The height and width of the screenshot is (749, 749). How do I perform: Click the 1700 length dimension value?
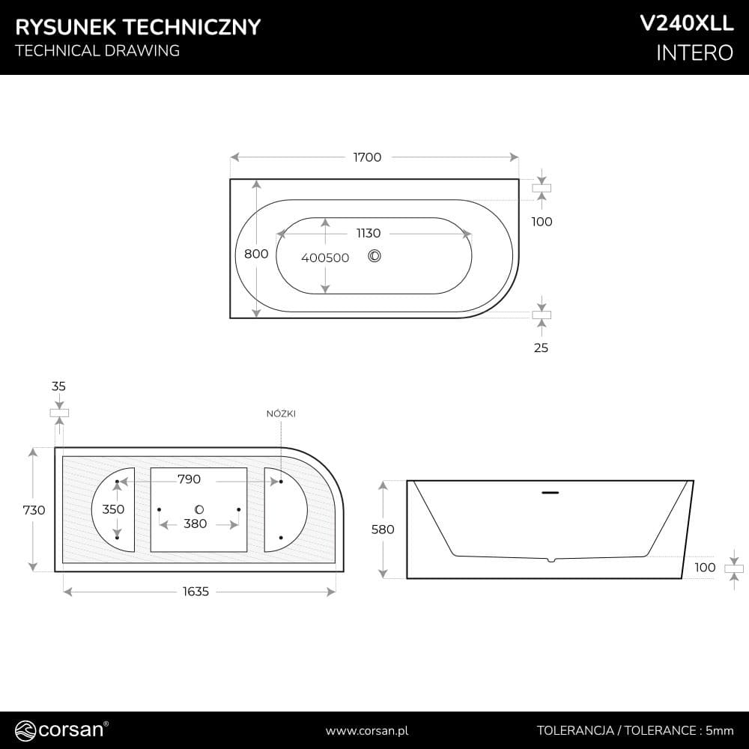coord(367,157)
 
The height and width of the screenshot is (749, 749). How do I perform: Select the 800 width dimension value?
coord(256,254)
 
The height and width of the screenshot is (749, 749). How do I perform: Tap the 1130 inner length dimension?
coord(369,233)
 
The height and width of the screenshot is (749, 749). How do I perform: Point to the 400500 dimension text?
coord(325,258)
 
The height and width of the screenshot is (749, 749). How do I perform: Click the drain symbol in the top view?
coord(374,256)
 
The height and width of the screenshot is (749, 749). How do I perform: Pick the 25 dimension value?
coord(541,348)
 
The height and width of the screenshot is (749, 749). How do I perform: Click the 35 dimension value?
coord(58,386)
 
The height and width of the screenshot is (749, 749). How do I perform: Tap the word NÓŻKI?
coord(281,413)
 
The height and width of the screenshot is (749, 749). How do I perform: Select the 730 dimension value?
coord(34,510)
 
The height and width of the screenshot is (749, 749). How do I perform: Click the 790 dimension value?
coord(189,479)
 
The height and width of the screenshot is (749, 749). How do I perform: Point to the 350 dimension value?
coord(113,509)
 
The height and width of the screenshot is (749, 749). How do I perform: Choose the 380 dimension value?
coord(195,524)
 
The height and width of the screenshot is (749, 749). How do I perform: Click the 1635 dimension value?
coord(195,592)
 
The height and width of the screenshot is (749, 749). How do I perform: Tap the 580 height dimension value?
coord(383,530)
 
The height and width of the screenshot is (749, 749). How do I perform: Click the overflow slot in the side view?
coord(550,493)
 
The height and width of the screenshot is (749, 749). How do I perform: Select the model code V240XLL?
coord(686,23)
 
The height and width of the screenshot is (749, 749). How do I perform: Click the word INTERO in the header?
coord(694,52)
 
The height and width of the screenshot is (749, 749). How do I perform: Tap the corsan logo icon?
coord(25,731)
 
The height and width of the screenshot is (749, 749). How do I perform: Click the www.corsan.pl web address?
coord(367,731)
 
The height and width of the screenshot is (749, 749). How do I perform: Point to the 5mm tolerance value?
coord(719,730)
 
